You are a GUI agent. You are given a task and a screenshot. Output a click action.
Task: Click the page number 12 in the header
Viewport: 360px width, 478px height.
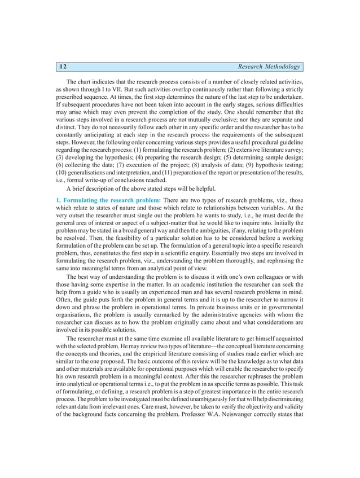[63, 67]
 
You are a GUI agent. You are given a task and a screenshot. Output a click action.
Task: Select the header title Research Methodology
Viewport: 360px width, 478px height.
[269, 67]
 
